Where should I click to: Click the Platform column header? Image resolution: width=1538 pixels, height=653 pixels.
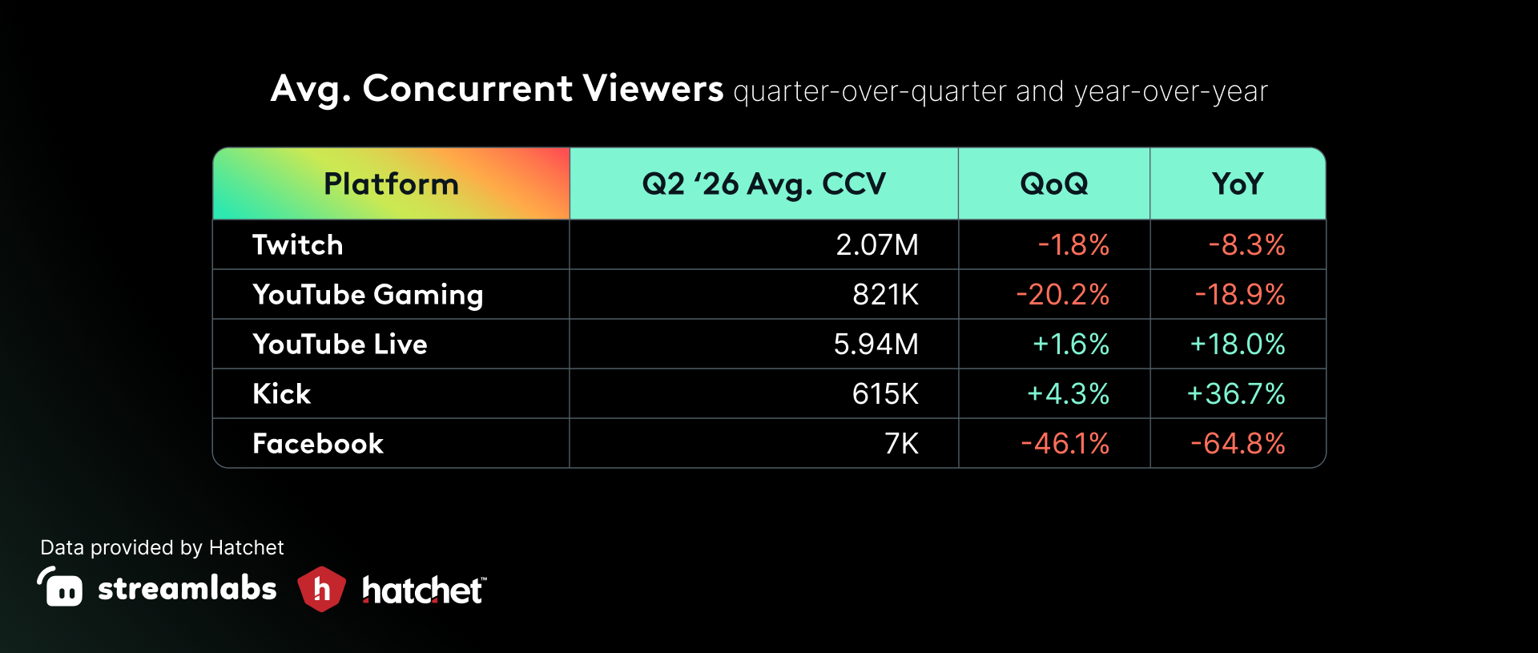coord(391,184)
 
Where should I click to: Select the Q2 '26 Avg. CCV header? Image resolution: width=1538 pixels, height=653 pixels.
coord(763,185)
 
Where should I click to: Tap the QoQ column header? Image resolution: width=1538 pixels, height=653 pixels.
coord(1054,185)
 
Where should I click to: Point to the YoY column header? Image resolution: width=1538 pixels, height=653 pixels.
coord(1238,184)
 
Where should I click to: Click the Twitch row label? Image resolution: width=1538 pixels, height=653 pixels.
coord(297,245)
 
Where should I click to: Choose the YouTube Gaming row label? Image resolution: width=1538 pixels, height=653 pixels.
coord(368,295)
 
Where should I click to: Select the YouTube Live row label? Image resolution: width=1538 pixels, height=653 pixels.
coord(340,345)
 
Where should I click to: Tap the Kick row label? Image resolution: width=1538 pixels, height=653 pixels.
coord(281,394)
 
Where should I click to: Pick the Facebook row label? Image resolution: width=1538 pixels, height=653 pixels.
coord(318,444)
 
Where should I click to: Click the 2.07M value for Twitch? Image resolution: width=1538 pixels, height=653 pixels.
coord(877,245)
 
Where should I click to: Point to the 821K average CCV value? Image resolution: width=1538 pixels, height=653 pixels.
coord(885,295)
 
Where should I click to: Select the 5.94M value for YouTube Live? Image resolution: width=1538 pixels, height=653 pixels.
coord(876,345)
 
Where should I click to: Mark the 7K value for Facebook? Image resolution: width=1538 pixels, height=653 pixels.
coord(901,444)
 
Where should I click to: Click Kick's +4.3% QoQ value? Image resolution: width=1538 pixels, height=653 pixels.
coord(1068,394)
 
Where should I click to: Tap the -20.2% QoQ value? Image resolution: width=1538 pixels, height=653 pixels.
coord(1062,295)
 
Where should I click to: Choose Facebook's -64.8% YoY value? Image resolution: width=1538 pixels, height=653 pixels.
coord(1238,444)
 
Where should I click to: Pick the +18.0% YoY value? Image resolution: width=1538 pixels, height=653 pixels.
coord(1238,345)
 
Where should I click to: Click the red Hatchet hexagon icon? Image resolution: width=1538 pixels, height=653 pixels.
coord(321,589)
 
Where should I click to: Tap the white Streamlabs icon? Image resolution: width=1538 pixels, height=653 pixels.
coord(60,586)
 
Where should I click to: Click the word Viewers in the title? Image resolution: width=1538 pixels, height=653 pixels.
coord(653,88)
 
